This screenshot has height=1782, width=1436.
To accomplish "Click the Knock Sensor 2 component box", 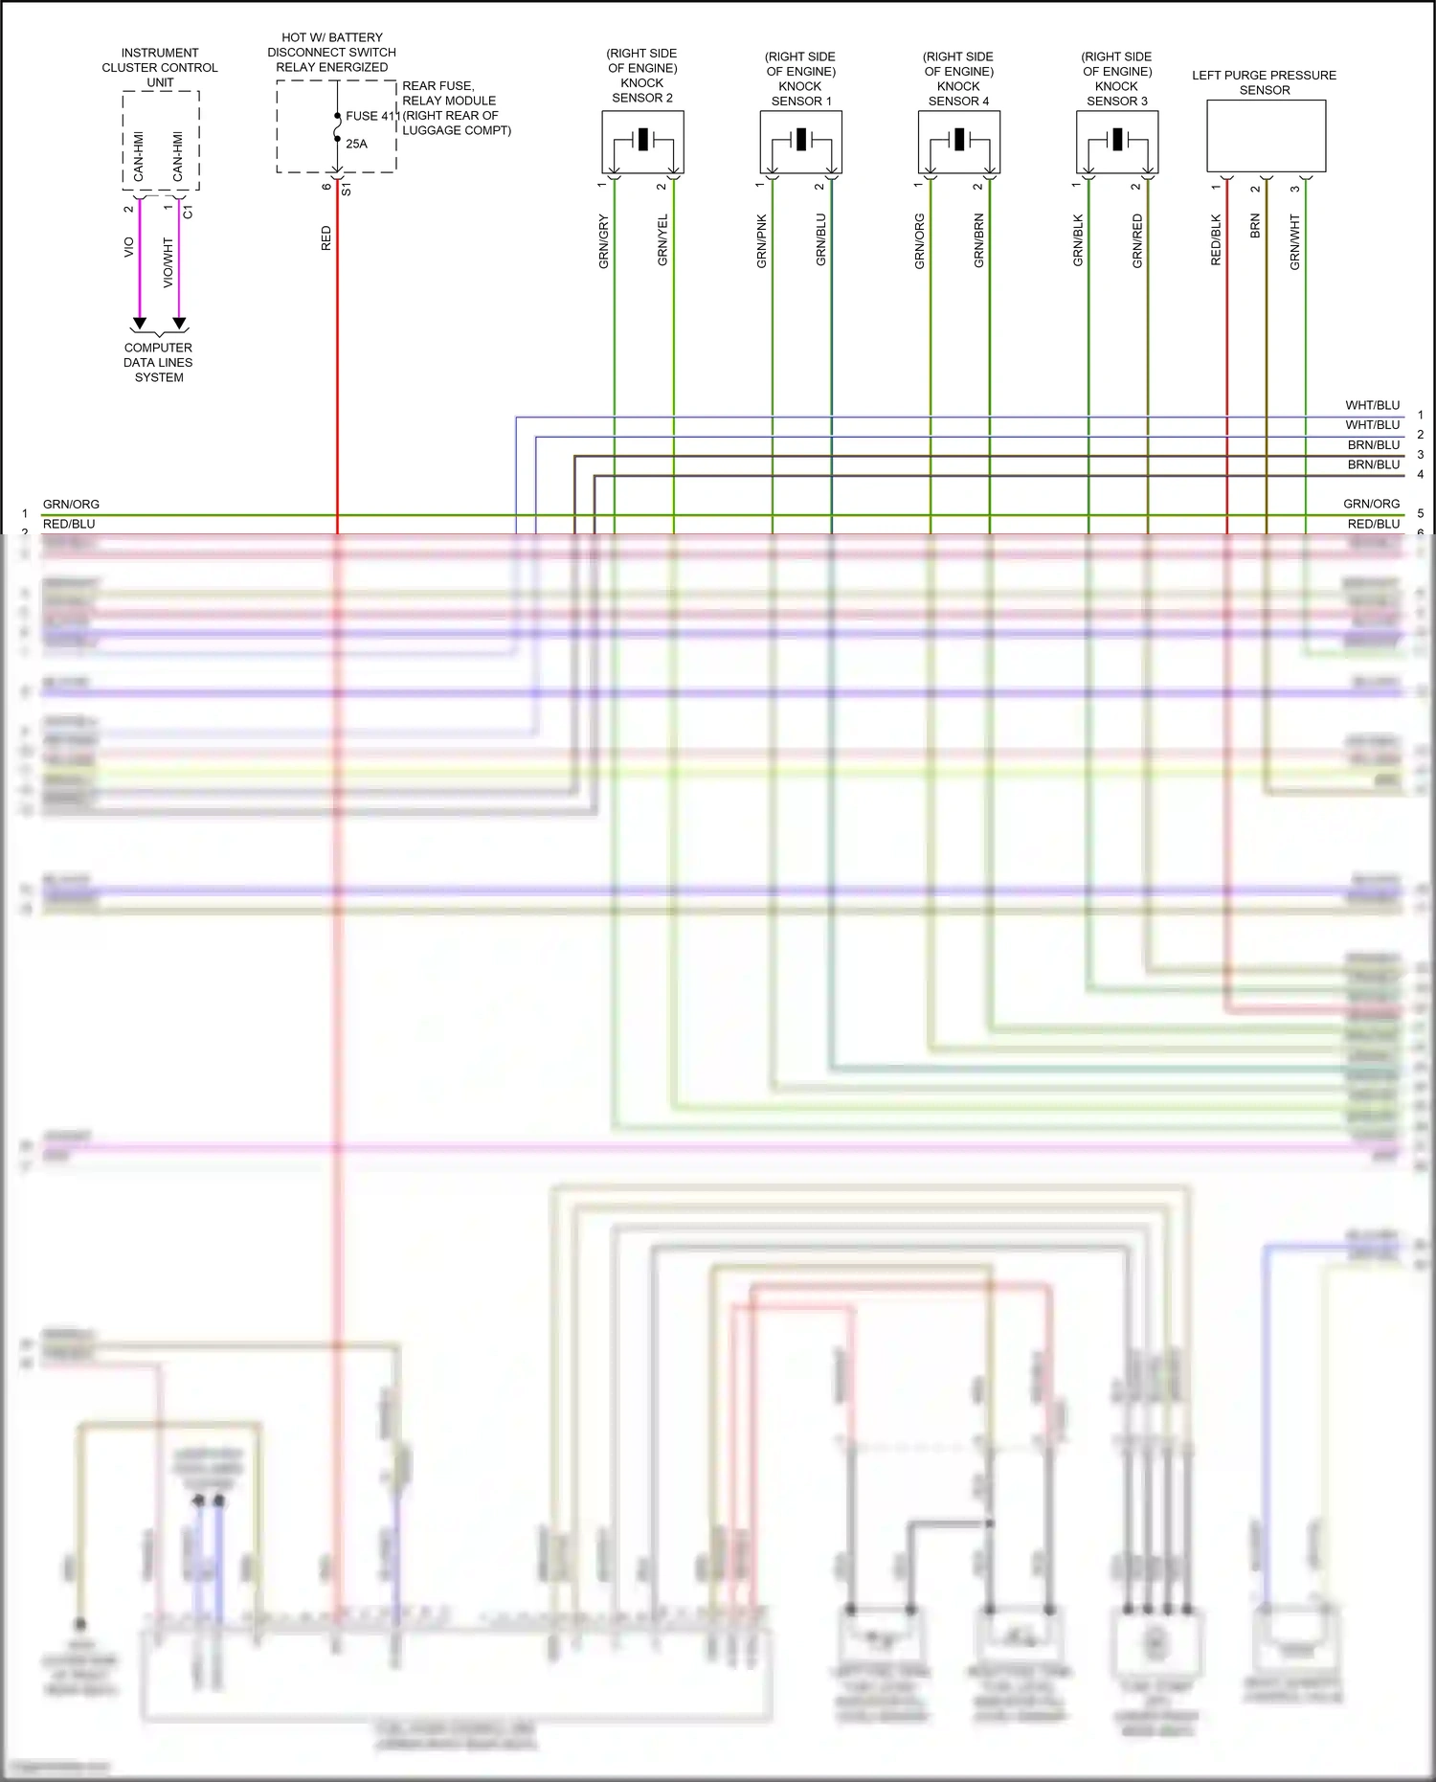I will pyautogui.click(x=642, y=142).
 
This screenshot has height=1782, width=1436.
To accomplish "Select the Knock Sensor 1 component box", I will pyautogui.click(x=800, y=142).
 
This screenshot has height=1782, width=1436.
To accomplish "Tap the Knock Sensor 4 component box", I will pyautogui.click(x=958, y=142).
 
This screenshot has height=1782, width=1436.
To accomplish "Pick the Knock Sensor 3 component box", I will pyautogui.click(x=1116, y=142).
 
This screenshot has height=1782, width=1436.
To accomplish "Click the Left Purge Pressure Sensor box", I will pyautogui.click(x=1266, y=135).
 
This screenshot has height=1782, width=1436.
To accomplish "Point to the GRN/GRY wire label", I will pyautogui.click(x=603, y=241).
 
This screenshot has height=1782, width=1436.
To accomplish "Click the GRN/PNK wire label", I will pyautogui.click(x=762, y=241).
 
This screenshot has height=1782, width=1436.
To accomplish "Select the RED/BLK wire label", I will pyautogui.click(x=1216, y=240).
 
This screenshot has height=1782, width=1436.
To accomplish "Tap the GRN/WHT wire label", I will pyautogui.click(x=1294, y=242).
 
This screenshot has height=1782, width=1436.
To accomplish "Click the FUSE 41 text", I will pyautogui.click(x=371, y=116).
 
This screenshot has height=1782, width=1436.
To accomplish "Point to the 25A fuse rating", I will pyautogui.click(x=356, y=144).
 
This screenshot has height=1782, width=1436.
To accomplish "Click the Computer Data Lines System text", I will pyautogui.click(x=158, y=363).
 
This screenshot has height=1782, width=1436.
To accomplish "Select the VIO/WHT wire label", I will pyautogui.click(x=168, y=263).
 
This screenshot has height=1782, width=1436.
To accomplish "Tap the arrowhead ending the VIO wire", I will pyautogui.click(x=140, y=324).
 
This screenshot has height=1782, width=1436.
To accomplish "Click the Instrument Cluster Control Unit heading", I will pyautogui.click(x=160, y=67).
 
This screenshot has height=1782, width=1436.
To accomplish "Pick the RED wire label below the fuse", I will pyautogui.click(x=325, y=238).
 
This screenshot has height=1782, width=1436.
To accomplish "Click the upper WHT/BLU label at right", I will pyautogui.click(x=1372, y=405).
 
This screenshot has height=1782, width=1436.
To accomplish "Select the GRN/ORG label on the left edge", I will pyautogui.click(x=71, y=504).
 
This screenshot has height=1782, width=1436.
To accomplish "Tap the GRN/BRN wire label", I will pyautogui.click(x=978, y=240).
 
